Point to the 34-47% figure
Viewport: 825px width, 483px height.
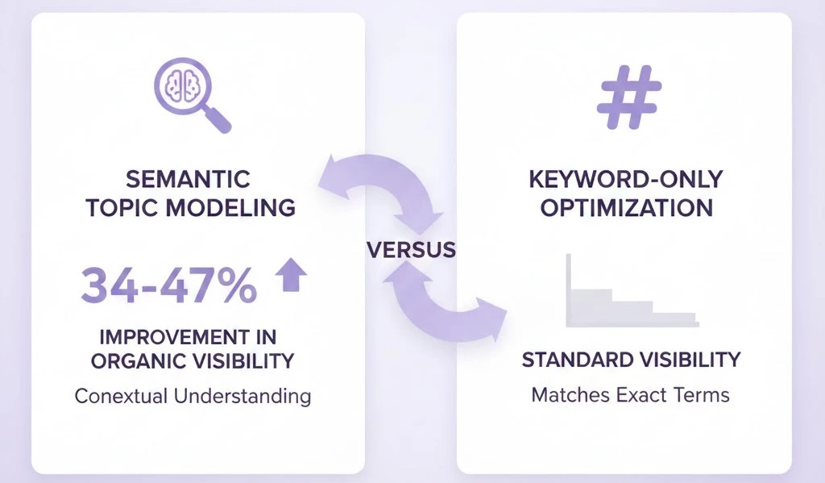click(169, 283)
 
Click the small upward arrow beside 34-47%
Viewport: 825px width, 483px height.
click(291, 277)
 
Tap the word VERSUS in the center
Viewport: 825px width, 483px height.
click(411, 249)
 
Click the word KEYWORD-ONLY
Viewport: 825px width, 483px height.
click(627, 179)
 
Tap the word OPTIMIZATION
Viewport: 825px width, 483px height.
click(627, 207)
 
